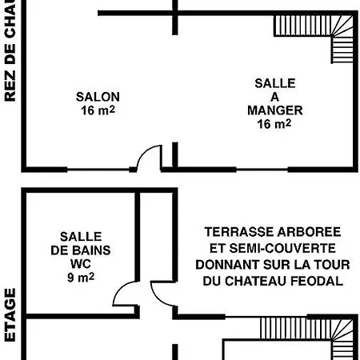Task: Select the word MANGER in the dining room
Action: click(x=274, y=110)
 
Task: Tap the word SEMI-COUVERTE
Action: click(x=285, y=248)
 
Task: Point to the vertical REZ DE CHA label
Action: click(x=10, y=51)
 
